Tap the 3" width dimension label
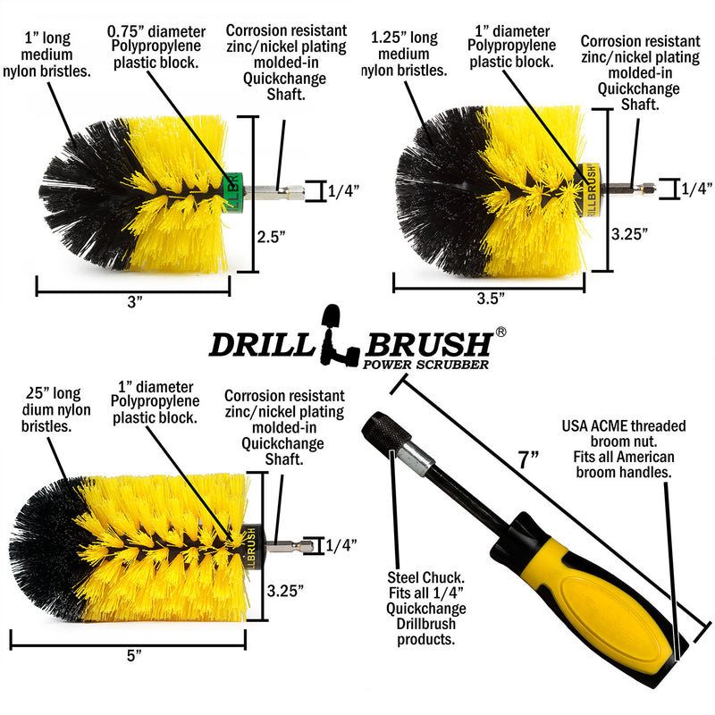click(x=135, y=302)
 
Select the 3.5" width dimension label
click(x=490, y=297)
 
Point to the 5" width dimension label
click(x=135, y=655)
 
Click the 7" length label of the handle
click(x=529, y=461)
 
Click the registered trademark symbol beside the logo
click(x=501, y=332)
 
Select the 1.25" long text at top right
click(x=405, y=38)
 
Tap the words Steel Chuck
click(x=411, y=576)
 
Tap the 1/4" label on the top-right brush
click(x=696, y=189)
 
